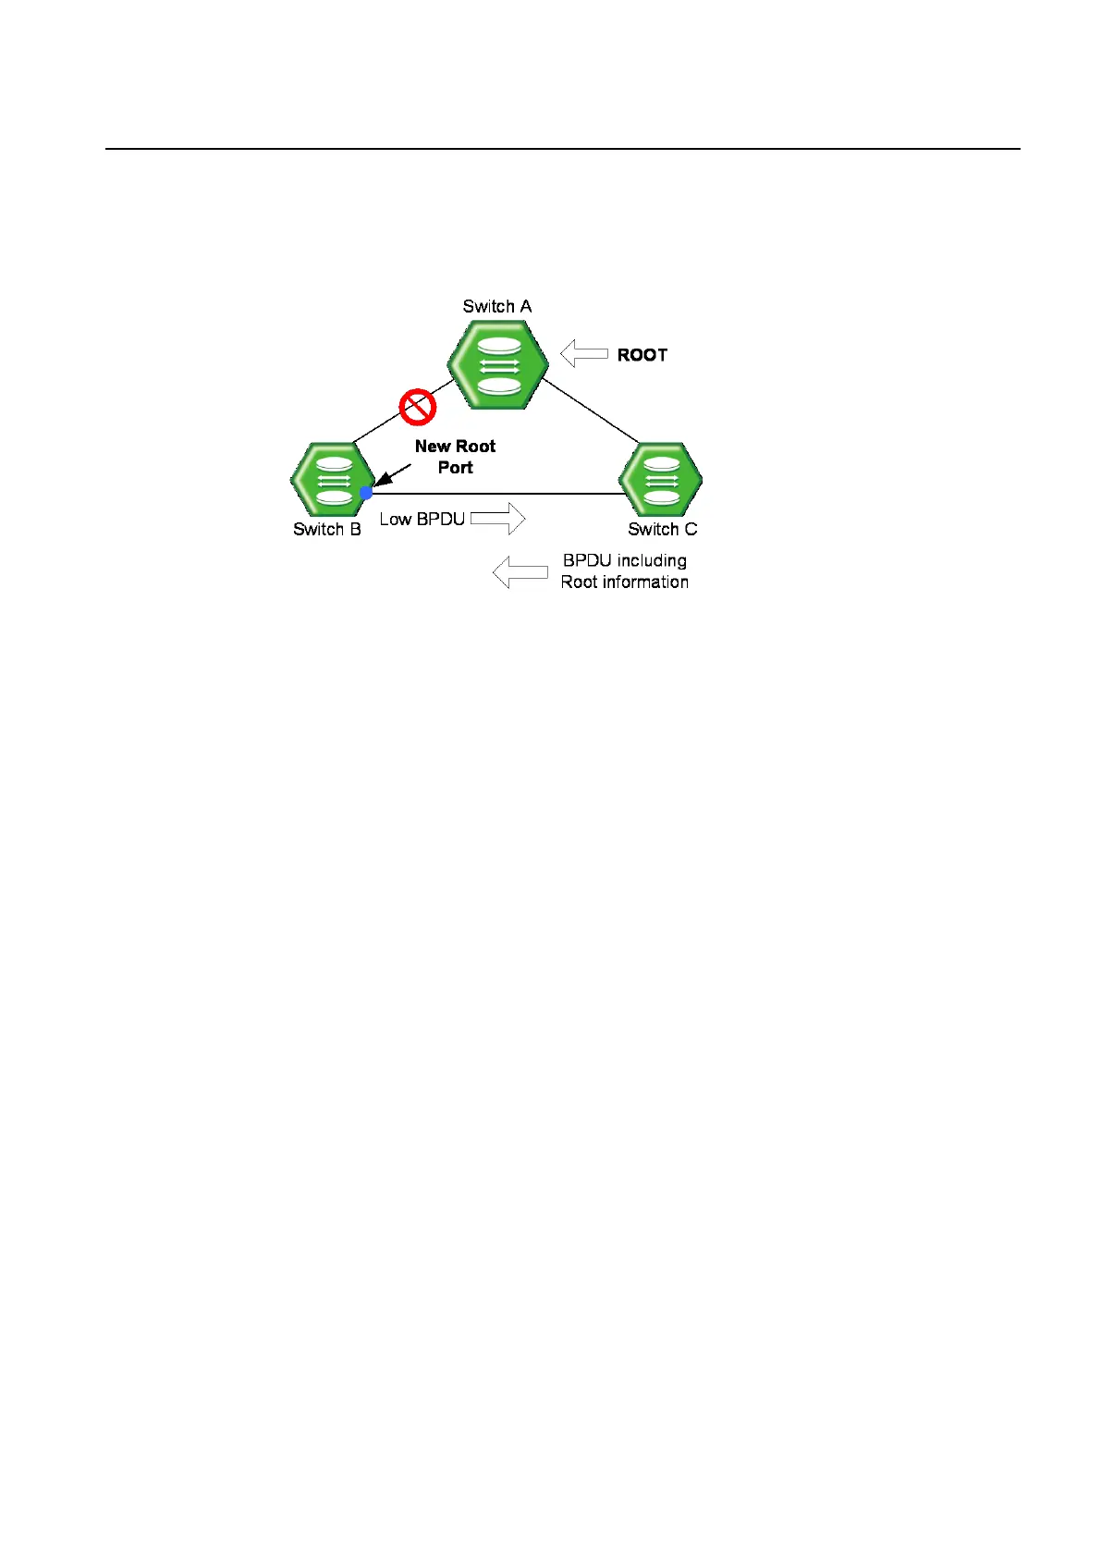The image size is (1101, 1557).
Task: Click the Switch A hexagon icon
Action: point(497,364)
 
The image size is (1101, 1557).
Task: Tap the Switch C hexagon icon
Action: point(660,479)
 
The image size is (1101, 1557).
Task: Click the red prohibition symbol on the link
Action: point(417,406)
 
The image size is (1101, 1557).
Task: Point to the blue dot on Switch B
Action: point(366,493)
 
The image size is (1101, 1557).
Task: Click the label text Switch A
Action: point(496,306)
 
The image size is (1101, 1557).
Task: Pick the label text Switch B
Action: point(326,529)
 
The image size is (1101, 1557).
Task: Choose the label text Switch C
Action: point(662,529)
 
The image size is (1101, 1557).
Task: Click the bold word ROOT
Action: point(642,355)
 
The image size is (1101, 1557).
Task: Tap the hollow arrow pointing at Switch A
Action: point(584,353)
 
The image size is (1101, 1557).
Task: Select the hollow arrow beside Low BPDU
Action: point(498,519)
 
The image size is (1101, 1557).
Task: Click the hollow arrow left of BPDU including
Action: point(520,572)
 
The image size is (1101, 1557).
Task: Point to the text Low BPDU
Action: point(422,520)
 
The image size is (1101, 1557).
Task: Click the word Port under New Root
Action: point(455,468)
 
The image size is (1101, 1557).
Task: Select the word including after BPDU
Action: point(652,561)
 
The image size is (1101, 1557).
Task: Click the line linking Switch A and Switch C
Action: point(590,410)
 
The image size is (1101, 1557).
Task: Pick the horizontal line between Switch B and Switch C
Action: point(499,495)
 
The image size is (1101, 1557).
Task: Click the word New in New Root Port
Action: point(432,447)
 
